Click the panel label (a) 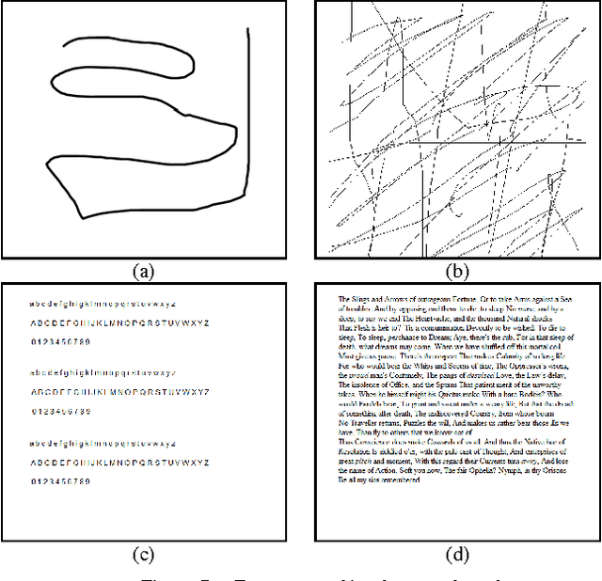pos(143,272)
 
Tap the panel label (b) pos(456,272)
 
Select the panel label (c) pos(143,554)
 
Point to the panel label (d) pos(456,554)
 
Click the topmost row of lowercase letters pos(102,305)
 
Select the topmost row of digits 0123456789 pos(60,340)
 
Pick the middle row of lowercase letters pos(102,374)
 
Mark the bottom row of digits pos(60,480)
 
